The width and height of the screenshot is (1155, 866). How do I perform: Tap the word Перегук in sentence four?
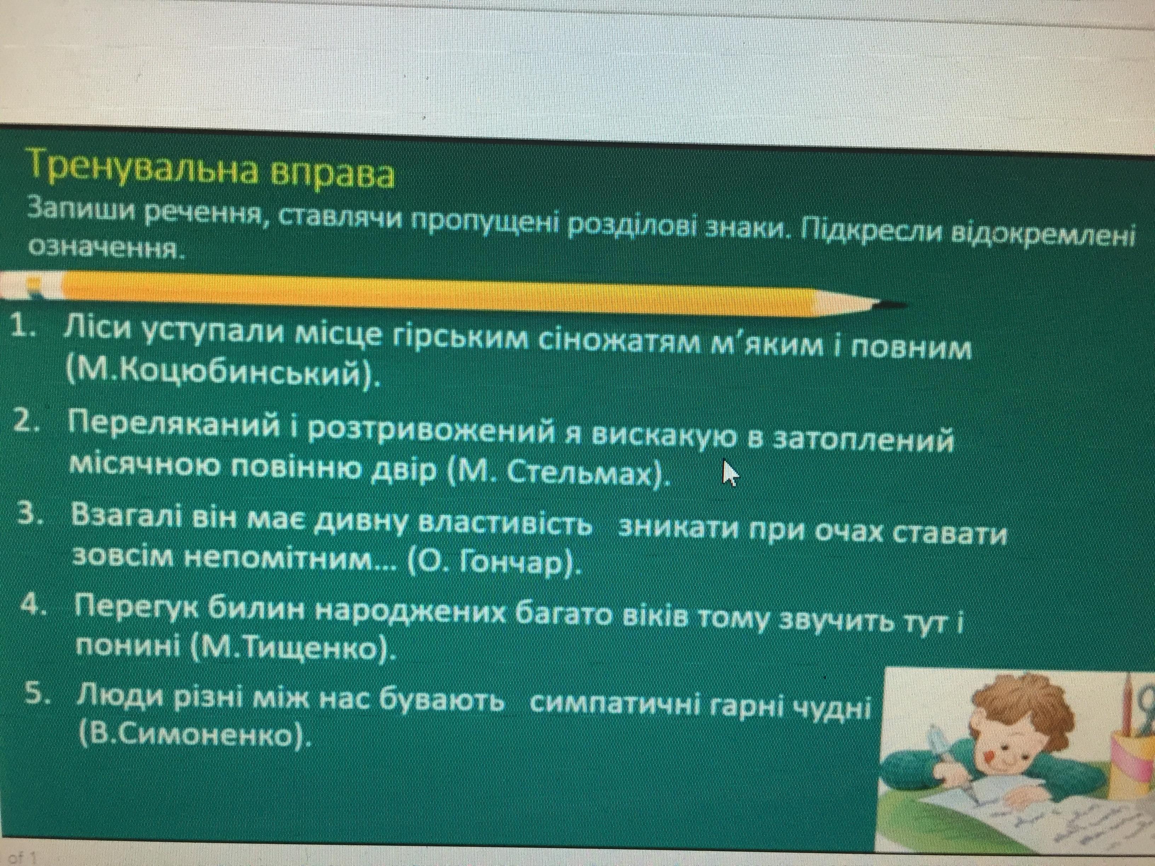(x=138, y=608)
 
